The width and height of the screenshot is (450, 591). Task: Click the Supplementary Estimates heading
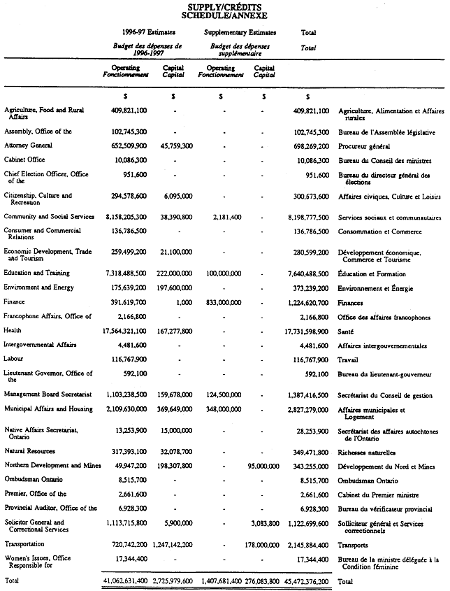[x=240, y=33]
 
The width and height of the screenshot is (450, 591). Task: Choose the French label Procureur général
[x=364, y=146]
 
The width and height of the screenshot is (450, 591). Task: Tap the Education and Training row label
[x=36, y=273]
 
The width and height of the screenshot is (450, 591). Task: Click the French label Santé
[x=347, y=330]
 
